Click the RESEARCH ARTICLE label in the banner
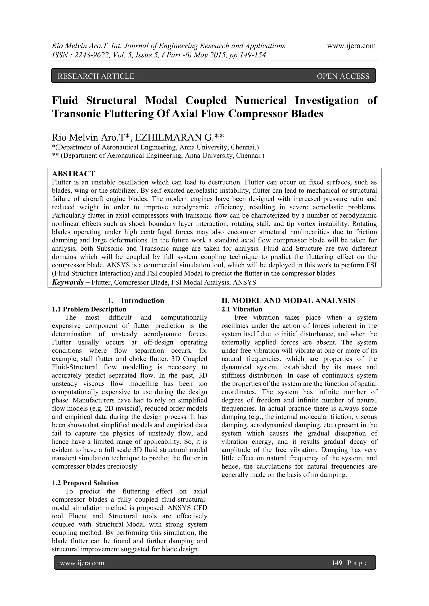pos(96,76)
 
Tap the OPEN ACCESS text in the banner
pos(343,76)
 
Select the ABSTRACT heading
pos(73,174)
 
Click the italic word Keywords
pos(68,282)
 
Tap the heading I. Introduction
pos(136,301)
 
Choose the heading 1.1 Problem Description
pos(89,309)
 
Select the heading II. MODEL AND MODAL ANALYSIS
pos(288,301)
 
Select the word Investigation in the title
pos(327,101)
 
